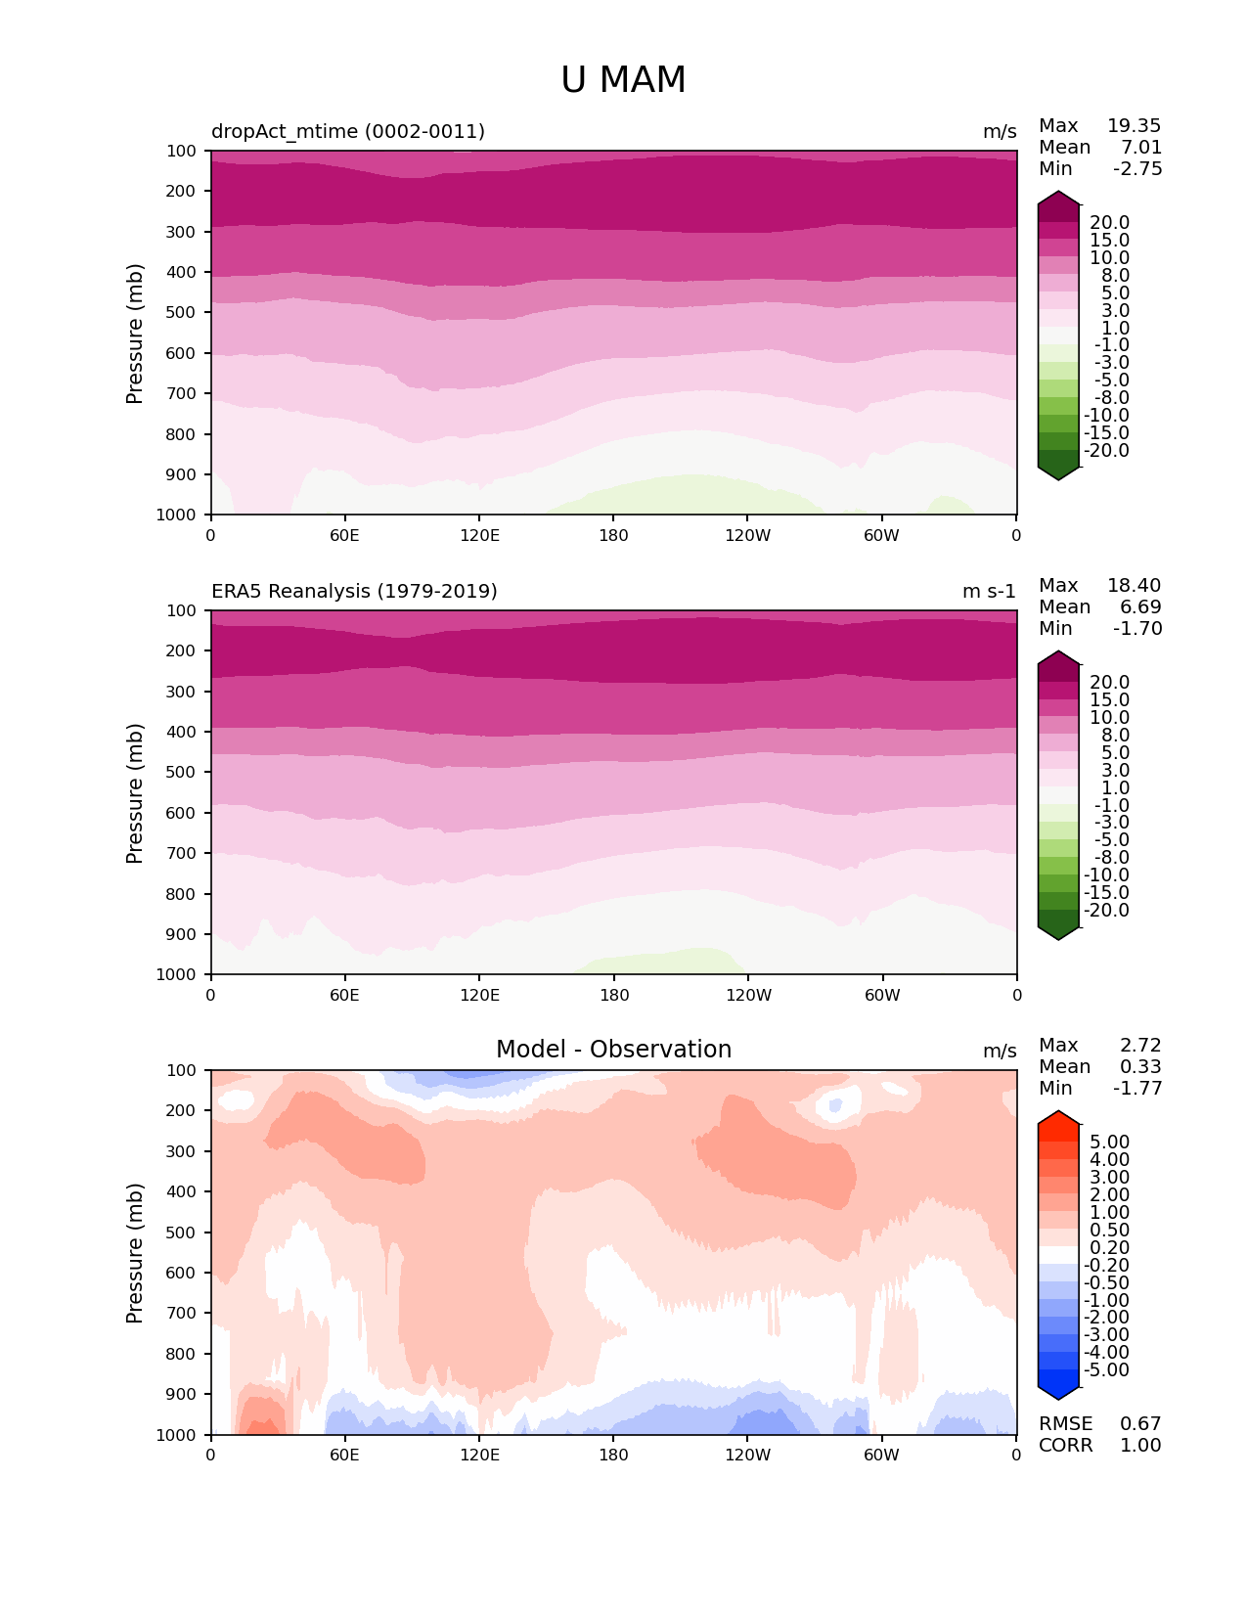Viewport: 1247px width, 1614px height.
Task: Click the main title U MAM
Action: (x=623, y=80)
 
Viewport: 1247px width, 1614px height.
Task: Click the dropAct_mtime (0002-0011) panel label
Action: (x=348, y=132)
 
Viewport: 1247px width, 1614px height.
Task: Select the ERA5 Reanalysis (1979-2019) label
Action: (x=354, y=592)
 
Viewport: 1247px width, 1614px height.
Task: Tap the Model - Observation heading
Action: (x=613, y=1050)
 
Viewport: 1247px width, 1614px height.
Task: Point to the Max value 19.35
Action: (x=1134, y=126)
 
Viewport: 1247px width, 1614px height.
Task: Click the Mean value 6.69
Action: (x=1140, y=607)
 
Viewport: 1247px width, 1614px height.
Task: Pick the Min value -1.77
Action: (x=1137, y=1089)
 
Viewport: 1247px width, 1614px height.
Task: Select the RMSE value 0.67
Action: (x=1140, y=1424)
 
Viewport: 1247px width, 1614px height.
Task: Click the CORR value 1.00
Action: (x=1140, y=1446)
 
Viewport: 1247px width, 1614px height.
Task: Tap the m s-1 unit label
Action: (x=989, y=592)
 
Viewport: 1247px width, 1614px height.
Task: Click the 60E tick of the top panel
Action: (x=344, y=535)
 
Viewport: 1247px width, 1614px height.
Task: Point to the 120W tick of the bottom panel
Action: (x=748, y=1455)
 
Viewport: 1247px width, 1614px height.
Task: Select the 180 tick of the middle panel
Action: (x=614, y=995)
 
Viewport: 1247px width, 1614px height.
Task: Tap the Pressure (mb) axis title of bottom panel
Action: (x=135, y=1253)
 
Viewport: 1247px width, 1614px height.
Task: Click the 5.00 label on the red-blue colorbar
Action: (x=1109, y=1143)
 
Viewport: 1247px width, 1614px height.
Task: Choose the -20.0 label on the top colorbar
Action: (x=1109, y=451)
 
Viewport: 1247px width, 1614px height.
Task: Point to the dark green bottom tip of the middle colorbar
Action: (x=1058, y=931)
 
